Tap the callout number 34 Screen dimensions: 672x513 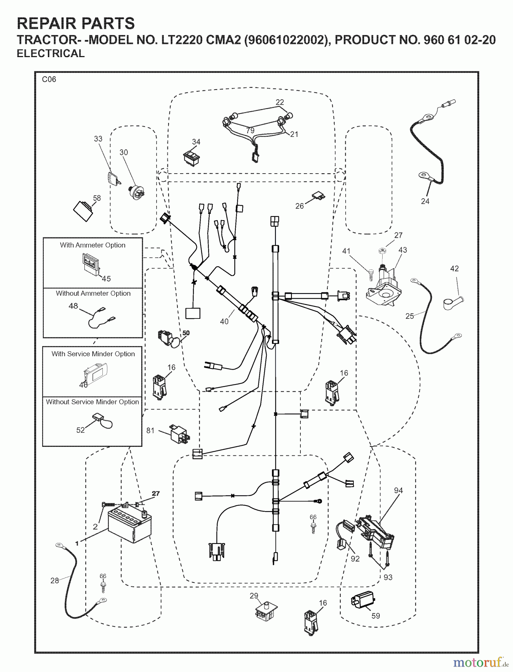pos(196,142)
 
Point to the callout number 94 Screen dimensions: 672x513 pos(398,490)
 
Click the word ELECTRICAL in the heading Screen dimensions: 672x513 pos(51,54)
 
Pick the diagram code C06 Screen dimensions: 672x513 pos(49,79)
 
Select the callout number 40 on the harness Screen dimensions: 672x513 pos(224,321)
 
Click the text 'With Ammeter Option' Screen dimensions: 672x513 pos(93,245)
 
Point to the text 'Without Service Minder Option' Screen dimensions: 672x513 pos(92,402)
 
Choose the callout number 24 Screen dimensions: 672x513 pos(425,201)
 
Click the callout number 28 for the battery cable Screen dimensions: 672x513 pos(55,581)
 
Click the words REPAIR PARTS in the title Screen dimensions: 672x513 pos(76,24)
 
